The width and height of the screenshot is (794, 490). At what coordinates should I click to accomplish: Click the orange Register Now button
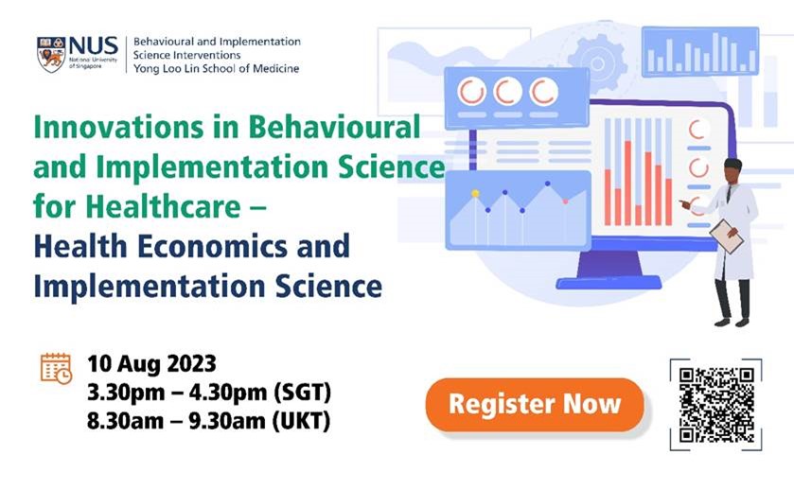click(x=535, y=405)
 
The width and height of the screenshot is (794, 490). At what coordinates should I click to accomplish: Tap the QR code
click(x=716, y=405)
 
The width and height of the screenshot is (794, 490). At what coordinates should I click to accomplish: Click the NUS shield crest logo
click(x=51, y=54)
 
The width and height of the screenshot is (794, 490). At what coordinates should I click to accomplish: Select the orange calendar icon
click(x=56, y=369)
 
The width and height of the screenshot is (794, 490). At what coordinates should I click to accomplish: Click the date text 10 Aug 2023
click(x=151, y=363)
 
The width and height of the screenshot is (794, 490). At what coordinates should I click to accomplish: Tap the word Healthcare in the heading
click(x=163, y=206)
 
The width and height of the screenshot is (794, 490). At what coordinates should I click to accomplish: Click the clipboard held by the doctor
click(x=726, y=236)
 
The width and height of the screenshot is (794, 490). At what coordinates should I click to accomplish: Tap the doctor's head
click(x=732, y=171)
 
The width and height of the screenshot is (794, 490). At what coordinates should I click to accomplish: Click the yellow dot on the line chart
click(x=475, y=193)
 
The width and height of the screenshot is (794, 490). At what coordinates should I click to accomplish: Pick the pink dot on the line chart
click(x=565, y=201)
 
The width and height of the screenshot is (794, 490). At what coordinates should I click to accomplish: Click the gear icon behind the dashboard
click(x=597, y=63)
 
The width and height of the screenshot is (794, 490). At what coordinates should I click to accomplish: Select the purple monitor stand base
click(x=609, y=282)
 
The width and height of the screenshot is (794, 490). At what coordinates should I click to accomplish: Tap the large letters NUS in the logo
click(x=93, y=46)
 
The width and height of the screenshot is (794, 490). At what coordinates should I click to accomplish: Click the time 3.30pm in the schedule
click(x=126, y=393)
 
